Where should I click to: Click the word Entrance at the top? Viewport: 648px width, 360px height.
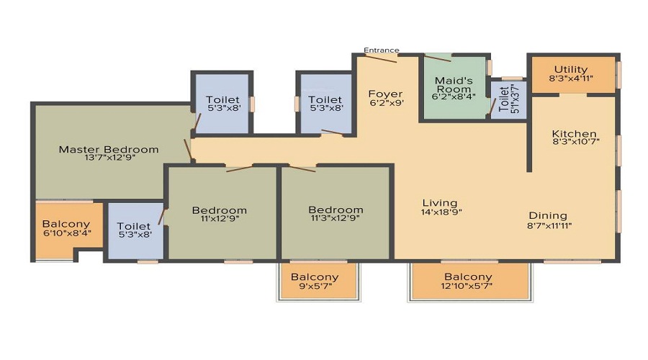click(381, 50)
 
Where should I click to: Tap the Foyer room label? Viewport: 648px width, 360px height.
click(385, 94)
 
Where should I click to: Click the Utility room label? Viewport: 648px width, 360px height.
click(571, 69)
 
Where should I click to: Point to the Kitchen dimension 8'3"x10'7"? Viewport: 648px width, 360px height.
click(575, 142)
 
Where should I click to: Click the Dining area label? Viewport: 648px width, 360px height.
click(548, 215)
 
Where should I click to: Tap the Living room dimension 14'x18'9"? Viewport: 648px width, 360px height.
click(440, 212)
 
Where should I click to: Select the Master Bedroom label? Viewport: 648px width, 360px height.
click(108, 150)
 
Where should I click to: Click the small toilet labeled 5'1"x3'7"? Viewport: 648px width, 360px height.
click(508, 100)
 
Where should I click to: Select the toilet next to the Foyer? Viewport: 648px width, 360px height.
click(325, 104)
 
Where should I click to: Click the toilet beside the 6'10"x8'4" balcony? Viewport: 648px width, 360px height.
click(135, 231)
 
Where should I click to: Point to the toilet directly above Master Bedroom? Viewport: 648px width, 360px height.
click(222, 104)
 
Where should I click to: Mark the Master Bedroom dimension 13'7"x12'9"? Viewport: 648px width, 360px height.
click(108, 159)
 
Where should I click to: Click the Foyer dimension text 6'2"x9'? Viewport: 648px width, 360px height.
click(386, 103)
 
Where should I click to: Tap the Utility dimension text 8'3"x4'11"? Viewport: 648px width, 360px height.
click(571, 78)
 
